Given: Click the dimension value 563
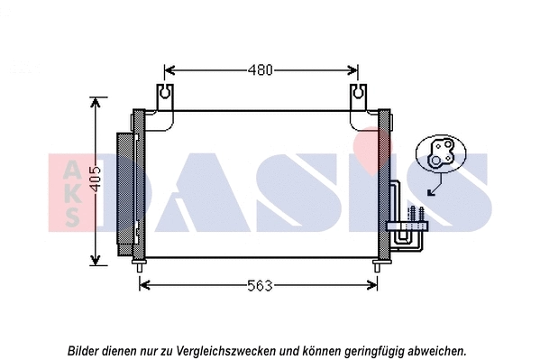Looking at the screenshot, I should click(x=260, y=285).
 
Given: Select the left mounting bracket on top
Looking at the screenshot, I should click(x=164, y=95).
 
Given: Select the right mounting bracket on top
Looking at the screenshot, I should click(x=358, y=95).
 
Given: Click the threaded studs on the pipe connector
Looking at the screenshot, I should click(x=416, y=215).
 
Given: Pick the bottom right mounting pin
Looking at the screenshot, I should click(x=378, y=264).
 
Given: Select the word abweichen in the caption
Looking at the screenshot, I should click(x=436, y=349).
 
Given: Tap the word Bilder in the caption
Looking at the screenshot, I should click(x=84, y=349).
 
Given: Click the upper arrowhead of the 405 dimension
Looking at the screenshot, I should click(x=95, y=102).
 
